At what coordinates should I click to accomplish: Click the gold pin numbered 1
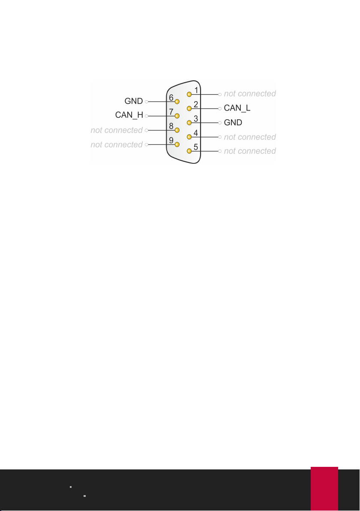pos(189,94)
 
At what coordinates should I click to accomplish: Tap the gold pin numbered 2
pos(189,108)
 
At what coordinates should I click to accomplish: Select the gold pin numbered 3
pos(189,122)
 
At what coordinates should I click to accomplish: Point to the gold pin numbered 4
pos(189,137)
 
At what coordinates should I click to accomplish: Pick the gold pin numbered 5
pos(189,151)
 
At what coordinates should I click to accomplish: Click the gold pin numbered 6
pos(176,102)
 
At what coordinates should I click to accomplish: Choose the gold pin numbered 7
pos(176,116)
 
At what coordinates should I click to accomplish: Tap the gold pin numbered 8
pos(176,130)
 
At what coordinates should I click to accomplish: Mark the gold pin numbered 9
pos(176,144)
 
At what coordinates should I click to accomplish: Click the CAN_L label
pos(237,108)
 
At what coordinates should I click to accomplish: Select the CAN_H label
pos(129,115)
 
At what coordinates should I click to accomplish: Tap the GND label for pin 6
pos(134,102)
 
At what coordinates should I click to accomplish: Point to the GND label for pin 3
pos(233,123)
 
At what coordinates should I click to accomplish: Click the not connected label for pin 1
pos(250,93)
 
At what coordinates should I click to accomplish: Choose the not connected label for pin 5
pos(250,151)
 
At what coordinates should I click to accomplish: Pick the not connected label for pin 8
pos(117,129)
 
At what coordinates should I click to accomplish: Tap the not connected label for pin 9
pos(117,144)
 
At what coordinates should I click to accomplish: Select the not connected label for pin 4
pos(250,137)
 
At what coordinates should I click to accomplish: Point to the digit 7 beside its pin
pos(171,112)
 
